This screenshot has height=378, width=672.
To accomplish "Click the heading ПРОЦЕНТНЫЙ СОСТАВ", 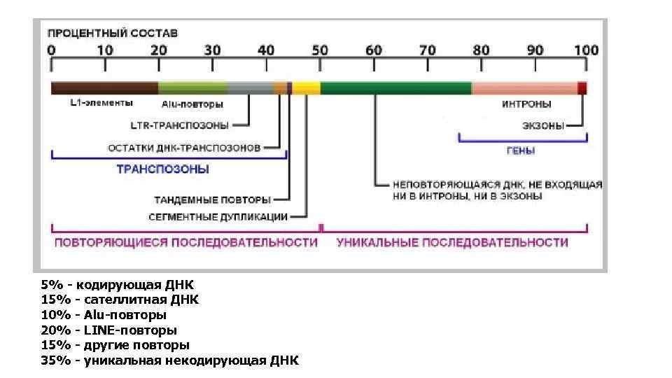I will point(112,33).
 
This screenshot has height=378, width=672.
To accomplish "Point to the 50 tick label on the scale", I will point(319,50).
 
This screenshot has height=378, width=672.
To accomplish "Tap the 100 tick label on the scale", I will point(586,50).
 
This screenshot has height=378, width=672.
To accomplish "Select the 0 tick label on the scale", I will point(51,50).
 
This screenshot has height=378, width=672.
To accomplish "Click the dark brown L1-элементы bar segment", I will point(104,88).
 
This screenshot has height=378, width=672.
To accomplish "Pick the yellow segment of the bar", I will point(307,88).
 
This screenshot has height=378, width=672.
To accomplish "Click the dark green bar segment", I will point(395,88).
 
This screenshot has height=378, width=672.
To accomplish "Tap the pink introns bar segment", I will point(524,88).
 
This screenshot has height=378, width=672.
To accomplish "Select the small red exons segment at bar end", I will point(582,88).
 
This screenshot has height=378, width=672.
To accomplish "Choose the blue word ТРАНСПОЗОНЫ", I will point(162,169).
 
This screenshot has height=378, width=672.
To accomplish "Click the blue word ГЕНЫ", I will point(521,150).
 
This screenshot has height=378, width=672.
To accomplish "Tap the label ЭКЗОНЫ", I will point(543,126).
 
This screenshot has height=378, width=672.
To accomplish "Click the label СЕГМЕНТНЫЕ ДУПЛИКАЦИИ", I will point(218,216).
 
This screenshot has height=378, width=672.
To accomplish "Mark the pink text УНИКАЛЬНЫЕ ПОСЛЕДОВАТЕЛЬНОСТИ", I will point(452,242).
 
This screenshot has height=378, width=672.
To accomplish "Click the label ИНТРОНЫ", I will point(526,104).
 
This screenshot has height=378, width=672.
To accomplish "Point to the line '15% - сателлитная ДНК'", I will point(120,300).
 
